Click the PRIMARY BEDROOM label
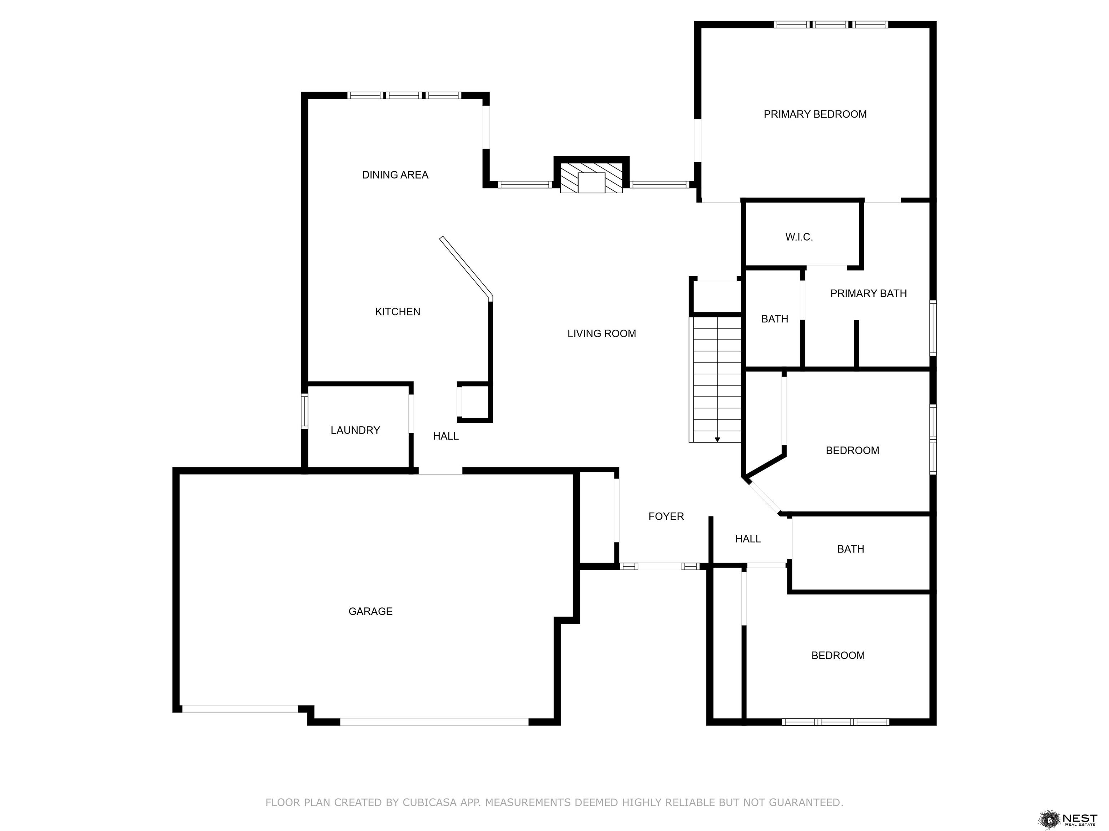[815, 114]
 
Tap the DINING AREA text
[395, 175]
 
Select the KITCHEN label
[397, 312]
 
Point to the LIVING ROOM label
[602, 334]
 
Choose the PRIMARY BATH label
[868, 294]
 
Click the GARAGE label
[370, 611]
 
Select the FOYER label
[666, 516]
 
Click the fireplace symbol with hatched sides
[592, 177]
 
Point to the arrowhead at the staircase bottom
[717, 439]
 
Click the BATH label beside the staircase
[775, 319]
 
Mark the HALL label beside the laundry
[446, 436]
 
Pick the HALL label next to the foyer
[748, 539]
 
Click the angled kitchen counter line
[466, 268]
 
